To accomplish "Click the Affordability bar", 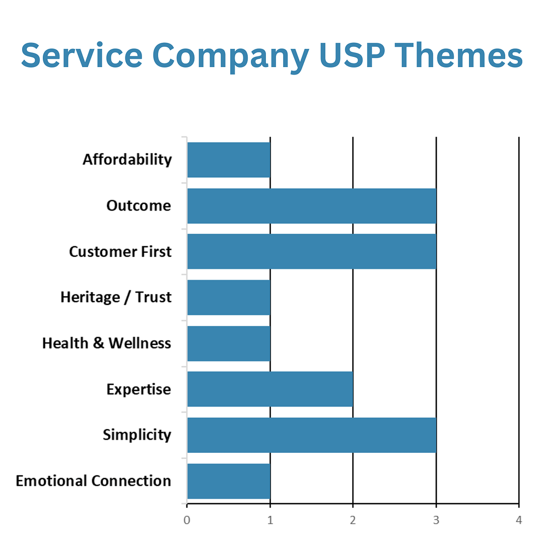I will [229, 160].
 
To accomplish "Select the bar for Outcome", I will [311, 206].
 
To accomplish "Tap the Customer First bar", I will [311, 251].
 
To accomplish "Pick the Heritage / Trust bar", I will [229, 297].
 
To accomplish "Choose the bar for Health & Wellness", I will [229, 344].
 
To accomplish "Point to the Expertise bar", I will [270, 389].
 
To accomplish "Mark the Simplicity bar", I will [311, 435].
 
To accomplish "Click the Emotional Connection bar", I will [229, 481].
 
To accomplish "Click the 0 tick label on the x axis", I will [187, 520].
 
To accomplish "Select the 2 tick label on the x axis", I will [353, 520].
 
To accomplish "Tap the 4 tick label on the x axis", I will [519, 520].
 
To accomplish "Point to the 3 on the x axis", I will [436, 520].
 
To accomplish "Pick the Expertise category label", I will [139, 389].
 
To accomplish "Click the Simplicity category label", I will [137, 435].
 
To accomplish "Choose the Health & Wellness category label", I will [107, 344].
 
